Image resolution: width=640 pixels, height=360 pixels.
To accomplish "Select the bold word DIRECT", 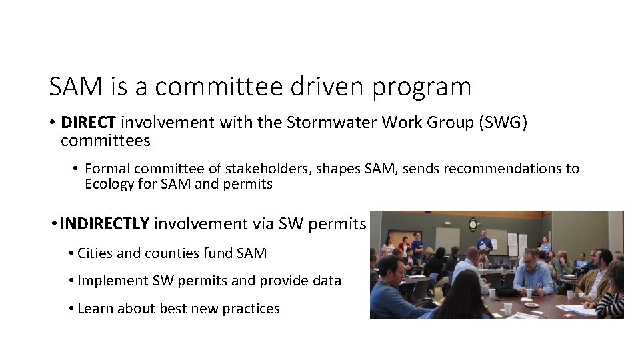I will click(x=89, y=123).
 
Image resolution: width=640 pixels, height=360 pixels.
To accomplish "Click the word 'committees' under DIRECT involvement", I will click(x=105, y=141).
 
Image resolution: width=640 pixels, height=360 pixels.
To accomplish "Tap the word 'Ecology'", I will click(x=110, y=184).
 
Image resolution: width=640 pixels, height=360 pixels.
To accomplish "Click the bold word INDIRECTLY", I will click(x=104, y=224).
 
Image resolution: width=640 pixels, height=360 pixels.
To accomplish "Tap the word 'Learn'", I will click(x=95, y=309).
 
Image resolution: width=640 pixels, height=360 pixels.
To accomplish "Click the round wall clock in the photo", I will click(x=473, y=223).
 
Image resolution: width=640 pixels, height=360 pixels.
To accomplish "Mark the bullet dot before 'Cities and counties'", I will click(x=71, y=253).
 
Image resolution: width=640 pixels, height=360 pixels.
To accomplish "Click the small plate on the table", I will click(x=531, y=305).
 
